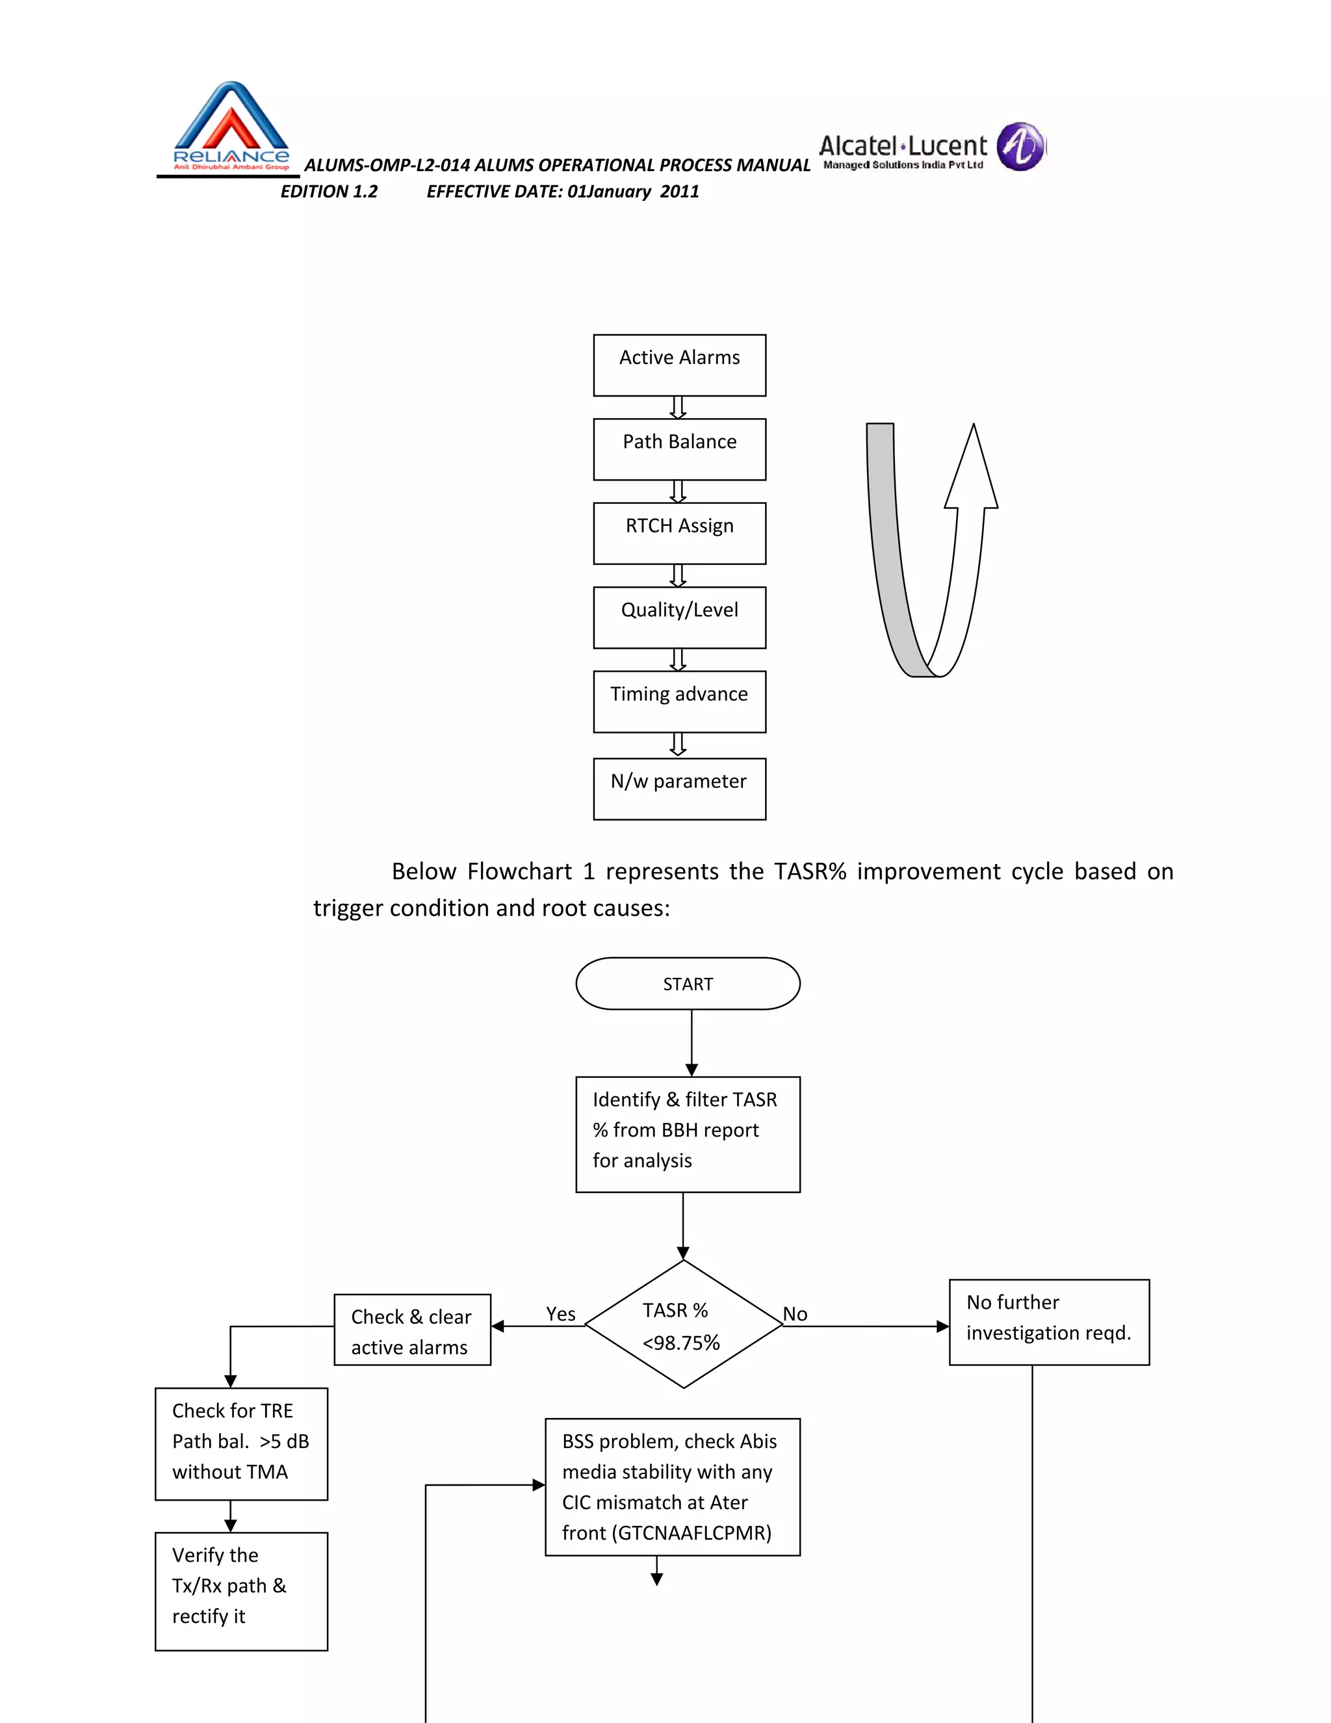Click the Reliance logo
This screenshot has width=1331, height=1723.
click(x=230, y=126)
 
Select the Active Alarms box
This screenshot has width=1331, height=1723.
click(x=679, y=365)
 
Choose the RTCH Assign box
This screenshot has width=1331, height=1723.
click(x=679, y=533)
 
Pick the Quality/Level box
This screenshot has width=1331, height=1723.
click(x=679, y=617)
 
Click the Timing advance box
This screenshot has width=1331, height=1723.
click(x=679, y=702)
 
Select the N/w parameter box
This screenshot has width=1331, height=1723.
click(x=679, y=789)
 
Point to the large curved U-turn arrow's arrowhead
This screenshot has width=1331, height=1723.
click(x=972, y=470)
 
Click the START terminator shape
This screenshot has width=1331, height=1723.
click(x=688, y=984)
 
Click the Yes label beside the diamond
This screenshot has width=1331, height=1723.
click(x=561, y=1313)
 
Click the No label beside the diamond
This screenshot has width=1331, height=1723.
click(x=795, y=1313)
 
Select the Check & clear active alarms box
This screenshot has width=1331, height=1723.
click(x=411, y=1330)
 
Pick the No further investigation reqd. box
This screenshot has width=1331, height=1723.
click(x=1049, y=1322)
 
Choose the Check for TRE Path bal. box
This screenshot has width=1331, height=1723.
click(x=241, y=1443)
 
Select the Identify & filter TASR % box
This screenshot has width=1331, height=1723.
click(x=688, y=1134)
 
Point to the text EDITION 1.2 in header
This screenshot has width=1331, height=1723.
click(x=329, y=192)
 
